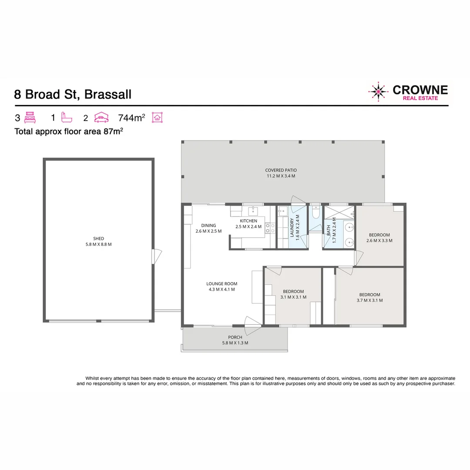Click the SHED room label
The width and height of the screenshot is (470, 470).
98,238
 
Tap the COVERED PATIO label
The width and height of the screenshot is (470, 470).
281,170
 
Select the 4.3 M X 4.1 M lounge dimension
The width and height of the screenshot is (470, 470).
222,289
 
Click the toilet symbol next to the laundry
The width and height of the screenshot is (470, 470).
316,212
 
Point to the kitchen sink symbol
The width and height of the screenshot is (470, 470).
253,211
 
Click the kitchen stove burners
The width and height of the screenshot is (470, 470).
270,228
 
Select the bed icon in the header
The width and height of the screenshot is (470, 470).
30,117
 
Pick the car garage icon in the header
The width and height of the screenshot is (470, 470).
101,117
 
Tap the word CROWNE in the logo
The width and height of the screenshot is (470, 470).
420,90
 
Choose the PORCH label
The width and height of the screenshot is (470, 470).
235,337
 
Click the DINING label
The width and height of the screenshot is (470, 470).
208,225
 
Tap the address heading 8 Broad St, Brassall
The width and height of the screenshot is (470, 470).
73,94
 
